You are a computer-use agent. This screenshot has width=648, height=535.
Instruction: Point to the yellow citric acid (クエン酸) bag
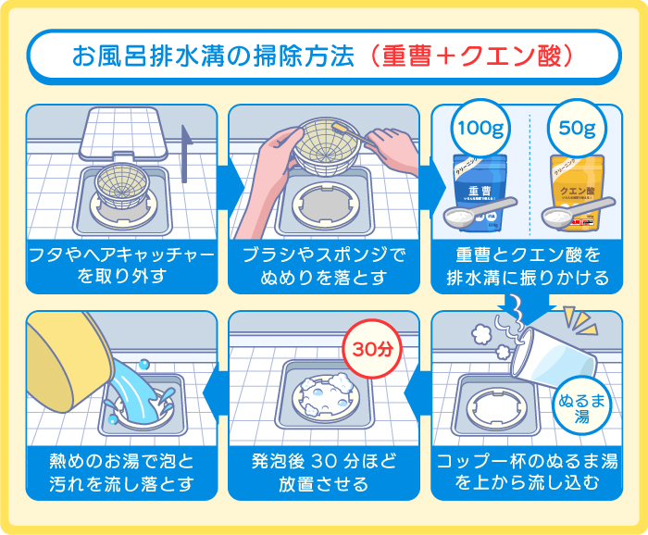point(579,185)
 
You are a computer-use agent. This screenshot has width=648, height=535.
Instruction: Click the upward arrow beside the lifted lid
point(189,154)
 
